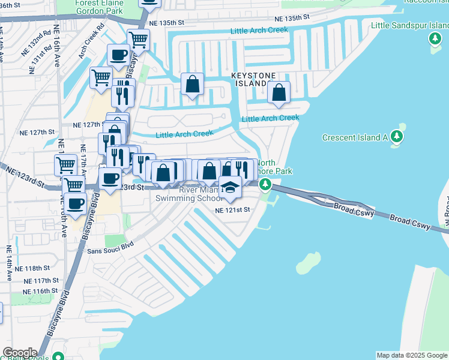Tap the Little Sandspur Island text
coord(409,25)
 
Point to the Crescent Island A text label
coord(355,137)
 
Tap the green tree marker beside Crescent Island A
coord(397,137)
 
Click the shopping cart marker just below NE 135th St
coord(139,40)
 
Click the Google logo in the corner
coord(20,353)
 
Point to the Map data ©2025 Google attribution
coord(412,355)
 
